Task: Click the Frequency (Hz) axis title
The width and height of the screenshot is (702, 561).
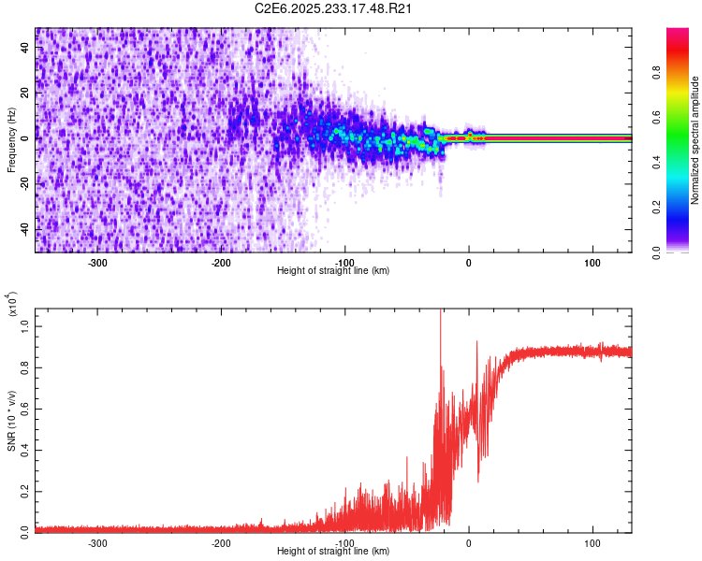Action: pyautogui.click(x=12, y=140)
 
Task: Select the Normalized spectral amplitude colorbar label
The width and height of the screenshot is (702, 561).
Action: pyautogui.click(x=695, y=140)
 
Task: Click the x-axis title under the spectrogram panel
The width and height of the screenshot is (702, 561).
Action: pyautogui.click(x=334, y=270)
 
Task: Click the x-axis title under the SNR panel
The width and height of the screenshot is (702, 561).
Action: pyautogui.click(x=334, y=551)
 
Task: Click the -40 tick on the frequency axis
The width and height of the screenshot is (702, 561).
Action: pyautogui.click(x=25, y=230)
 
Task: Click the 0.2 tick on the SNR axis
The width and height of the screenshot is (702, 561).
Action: pyautogui.click(x=25, y=489)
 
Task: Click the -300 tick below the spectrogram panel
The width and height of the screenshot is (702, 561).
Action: pyautogui.click(x=97, y=262)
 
